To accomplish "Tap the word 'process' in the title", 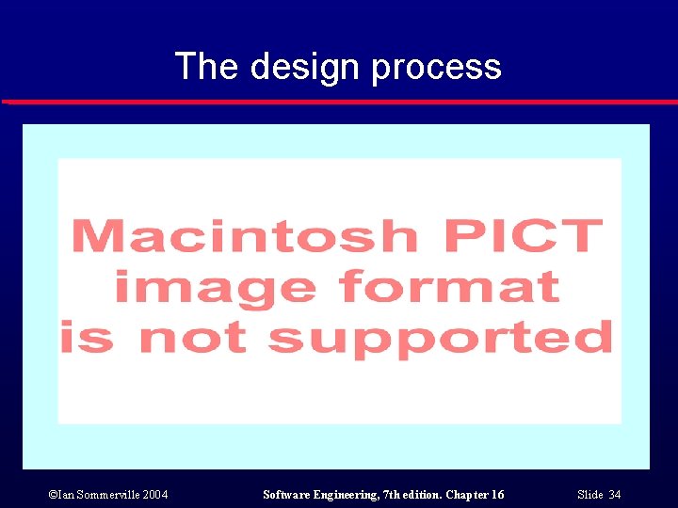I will [436, 67].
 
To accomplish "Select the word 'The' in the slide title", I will [206, 67].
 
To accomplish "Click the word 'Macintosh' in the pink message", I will [244, 234].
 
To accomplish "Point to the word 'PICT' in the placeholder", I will [523, 234].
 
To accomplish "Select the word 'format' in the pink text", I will [449, 285].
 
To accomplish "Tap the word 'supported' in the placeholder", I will [442, 337].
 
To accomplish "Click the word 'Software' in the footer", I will [287, 495].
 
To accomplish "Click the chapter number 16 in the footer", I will [496, 495].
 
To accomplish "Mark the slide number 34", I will [614, 495].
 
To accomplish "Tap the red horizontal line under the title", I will [339, 102].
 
